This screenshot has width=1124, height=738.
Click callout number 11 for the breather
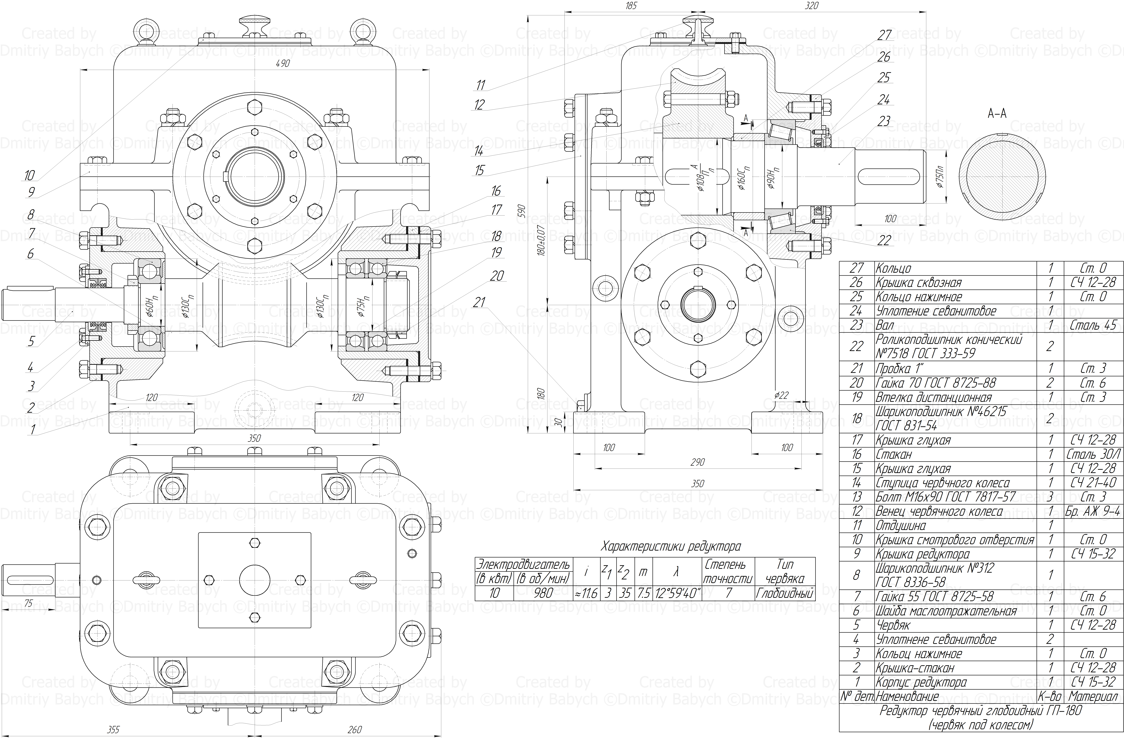point(481,85)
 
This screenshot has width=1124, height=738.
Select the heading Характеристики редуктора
point(671,547)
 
